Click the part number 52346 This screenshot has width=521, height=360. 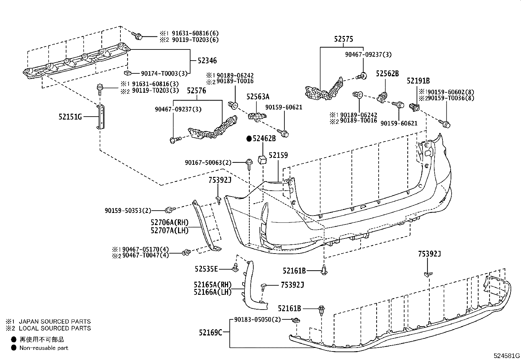(207, 61)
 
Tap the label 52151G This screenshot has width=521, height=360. (70, 116)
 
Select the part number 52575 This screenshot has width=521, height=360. (343, 39)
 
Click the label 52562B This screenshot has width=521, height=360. (387, 74)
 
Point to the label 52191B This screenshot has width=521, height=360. (418, 81)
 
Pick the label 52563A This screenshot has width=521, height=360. (258, 97)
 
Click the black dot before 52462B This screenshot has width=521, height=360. (249, 139)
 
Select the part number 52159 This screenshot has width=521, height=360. (278, 155)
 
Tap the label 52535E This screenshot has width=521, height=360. (206, 269)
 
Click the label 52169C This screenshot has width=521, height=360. (210, 333)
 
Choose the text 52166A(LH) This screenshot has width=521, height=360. (212, 292)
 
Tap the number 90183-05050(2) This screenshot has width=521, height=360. (258, 319)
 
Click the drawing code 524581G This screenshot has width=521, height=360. (507, 356)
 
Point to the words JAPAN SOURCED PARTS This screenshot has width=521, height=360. (55, 322)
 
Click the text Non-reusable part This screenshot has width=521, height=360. (44, 348)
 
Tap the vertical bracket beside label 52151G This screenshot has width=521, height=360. (100, 116)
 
